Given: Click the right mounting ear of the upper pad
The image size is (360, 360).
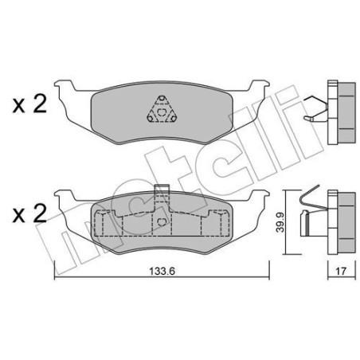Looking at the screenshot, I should coord(260,87).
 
